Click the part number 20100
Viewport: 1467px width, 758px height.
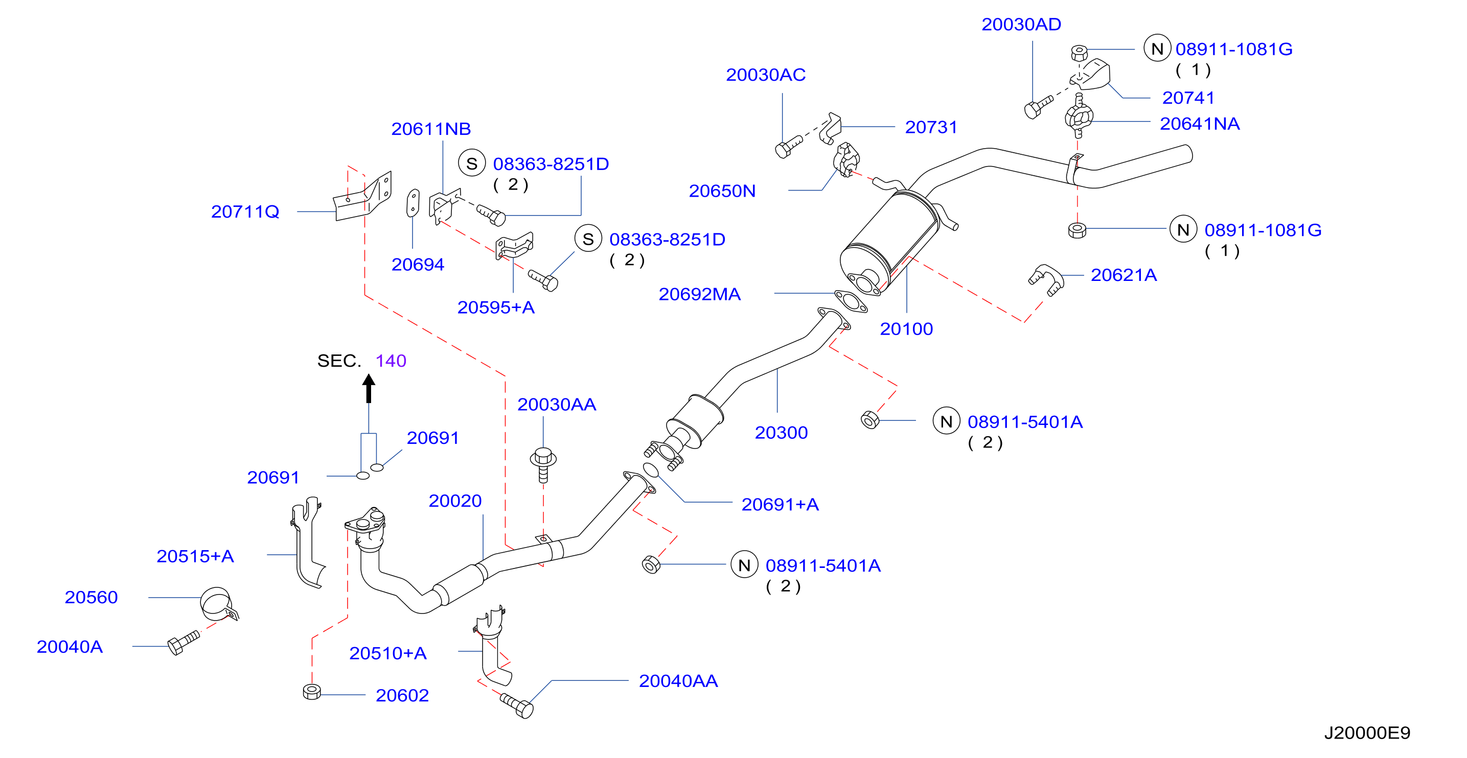pyautogui.click(x=906, y=329)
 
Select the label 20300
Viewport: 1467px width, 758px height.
pyautogui.click(x=782, y=433)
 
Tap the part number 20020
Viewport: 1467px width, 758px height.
pyautogui.click(x=455, y=501)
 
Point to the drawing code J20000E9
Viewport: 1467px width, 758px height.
pyautogui.click(x=1367, y=733)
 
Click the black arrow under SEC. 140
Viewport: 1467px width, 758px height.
pyautogui.click(x=369, y=389)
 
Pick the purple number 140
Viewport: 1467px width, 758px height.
pyautogui.click(x=391, y=361)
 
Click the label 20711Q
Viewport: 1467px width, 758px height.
pyautogui.click(x=245, y=211)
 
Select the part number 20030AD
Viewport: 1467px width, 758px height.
pyautogui.click(x=1021, y=25)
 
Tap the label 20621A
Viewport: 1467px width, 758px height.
pyautogui.click(x=1124, y=275)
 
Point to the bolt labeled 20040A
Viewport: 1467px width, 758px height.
pyautogui.click(x=184, y=643)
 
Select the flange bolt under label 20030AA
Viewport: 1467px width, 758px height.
pyautogui.click(x=543, y=464)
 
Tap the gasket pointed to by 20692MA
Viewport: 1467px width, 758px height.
pyautogui.click(x=851, y=301)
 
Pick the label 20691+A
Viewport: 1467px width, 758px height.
pyautogui.click(x=780, y=505)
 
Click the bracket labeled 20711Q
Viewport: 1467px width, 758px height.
pyautogui.click(x=363, y=196)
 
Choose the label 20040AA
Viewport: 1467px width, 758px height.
pyautogui.click(x=678, y=681)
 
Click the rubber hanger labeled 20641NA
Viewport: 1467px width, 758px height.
pyautogui.click(x=1079, y=117)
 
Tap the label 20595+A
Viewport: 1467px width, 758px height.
pyautogui.click(x=496, y=308)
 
